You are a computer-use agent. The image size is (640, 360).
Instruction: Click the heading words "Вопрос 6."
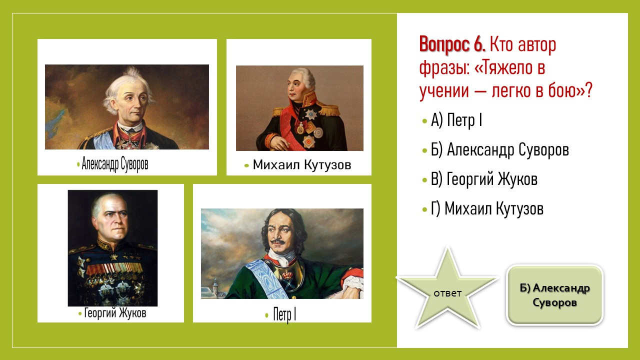pos(452,44)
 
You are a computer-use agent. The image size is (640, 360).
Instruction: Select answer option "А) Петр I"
pos(456,120)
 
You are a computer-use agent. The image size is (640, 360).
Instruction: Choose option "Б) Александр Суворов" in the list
pos(499,149)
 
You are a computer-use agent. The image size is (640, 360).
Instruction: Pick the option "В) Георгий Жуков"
pos(484,179)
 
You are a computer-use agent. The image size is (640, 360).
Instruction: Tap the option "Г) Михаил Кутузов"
pos(487,208)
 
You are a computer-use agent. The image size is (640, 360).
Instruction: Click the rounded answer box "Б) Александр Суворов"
pos(554,295)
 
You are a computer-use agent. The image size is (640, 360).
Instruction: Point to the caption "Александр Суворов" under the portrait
pos(115,164)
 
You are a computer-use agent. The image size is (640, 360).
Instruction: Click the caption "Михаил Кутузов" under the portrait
pos(301,165)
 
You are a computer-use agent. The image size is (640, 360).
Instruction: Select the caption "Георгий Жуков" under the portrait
pos(115,313)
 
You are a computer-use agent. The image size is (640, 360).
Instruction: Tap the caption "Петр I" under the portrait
pos(284,314)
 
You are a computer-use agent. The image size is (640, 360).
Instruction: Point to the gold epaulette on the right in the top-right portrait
pos(328,109)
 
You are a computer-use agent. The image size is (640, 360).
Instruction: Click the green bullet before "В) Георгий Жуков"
pos(424,180)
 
